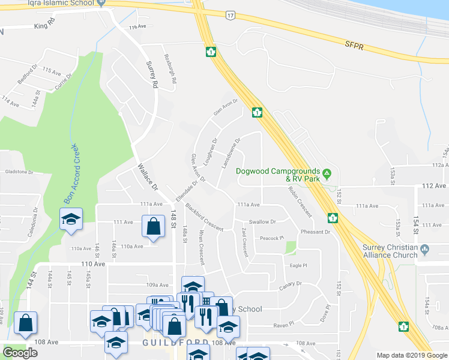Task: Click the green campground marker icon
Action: (327, 175)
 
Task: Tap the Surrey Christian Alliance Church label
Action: (390, 251)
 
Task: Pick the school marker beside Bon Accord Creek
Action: (70, 218)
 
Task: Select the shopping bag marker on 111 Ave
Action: (154, 227)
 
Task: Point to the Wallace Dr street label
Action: (147, 178)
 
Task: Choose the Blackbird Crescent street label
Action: (204, 217)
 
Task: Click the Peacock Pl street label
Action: (272, 238)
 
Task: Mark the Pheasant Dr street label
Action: (316, 232)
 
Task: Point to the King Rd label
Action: (44, 26)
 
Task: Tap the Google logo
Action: (20, 353)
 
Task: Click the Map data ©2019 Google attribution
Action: (411, 355)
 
